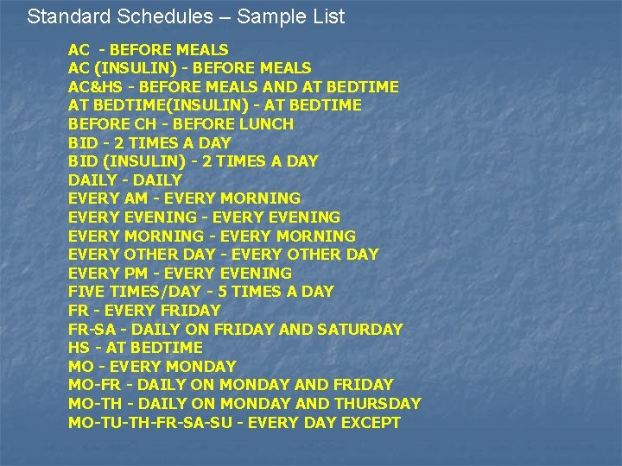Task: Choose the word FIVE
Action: click(x=86, y=292)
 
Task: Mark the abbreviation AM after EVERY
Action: click(x=136, y=198)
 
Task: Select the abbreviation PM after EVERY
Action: click(x=136, y=273)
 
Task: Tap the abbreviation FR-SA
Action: click(x=92, y=329)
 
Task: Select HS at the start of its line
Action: click(x=79, y=348)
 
